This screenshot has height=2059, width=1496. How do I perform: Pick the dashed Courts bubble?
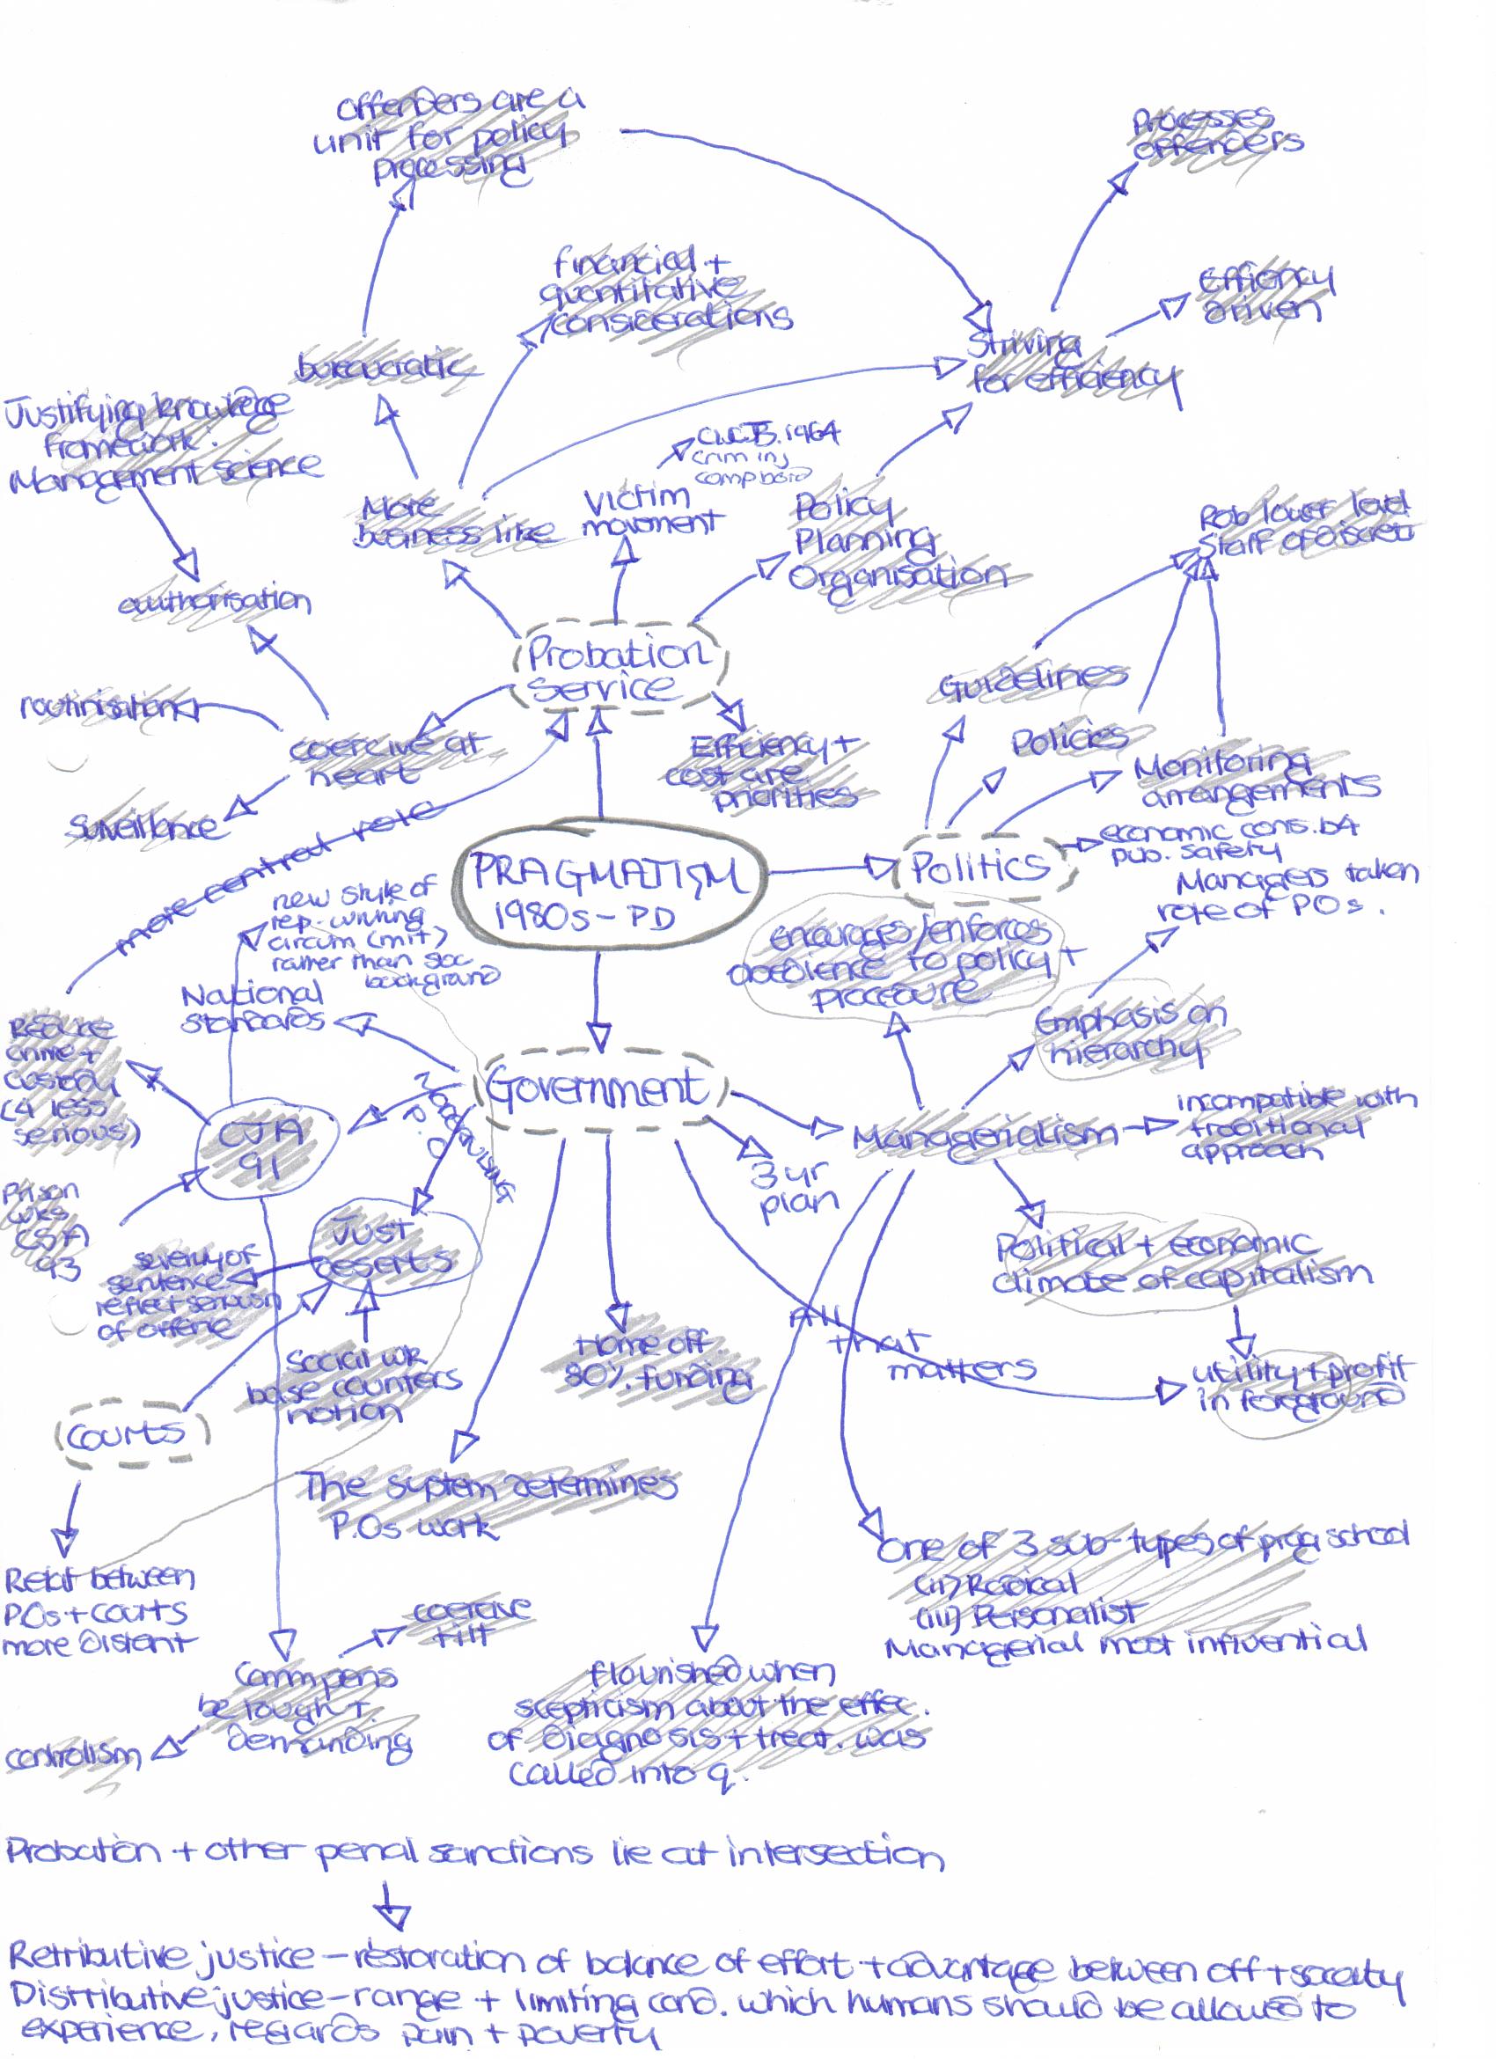point(127,1435)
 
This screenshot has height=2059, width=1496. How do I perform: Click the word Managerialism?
point(986,1135)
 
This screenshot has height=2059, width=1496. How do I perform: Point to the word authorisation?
point(214,601)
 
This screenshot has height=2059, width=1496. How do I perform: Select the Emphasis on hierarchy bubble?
point(1126,1035)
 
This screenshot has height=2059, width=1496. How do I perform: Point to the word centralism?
point(73,1755)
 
